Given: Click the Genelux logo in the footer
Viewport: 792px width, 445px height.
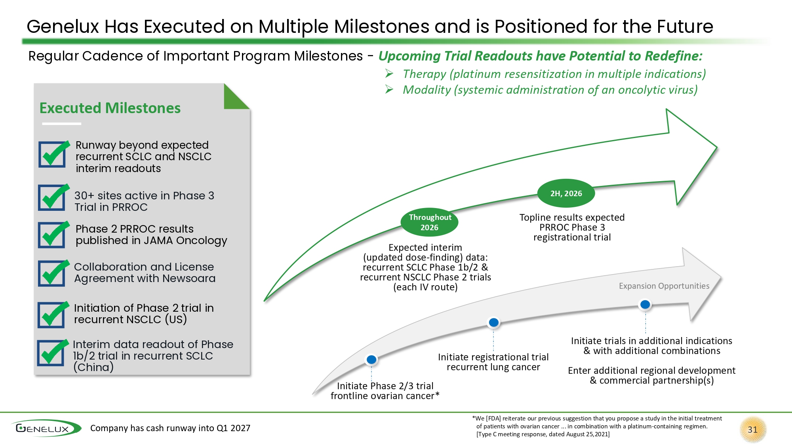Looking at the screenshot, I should [x=46, y=428].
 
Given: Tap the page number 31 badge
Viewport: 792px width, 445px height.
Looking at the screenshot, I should [x=753, y=430].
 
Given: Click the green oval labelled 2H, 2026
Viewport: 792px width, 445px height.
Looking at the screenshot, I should [x=566, y=193].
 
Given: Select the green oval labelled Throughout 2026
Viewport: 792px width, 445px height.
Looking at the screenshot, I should [x=430, y=222].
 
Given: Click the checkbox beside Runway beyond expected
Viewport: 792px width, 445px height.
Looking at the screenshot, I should [x=52, y=154].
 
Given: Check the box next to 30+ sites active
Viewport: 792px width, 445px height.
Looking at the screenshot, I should [x=52, y=198].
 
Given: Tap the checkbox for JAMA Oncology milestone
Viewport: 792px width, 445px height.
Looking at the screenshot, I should [x=52, y=235].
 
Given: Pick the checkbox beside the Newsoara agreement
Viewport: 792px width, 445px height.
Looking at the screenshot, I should [x=52, y=273].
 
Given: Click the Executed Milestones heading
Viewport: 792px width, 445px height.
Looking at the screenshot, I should [x=110, y=108].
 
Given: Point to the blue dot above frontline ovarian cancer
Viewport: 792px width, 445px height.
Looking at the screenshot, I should [x=371, y=360].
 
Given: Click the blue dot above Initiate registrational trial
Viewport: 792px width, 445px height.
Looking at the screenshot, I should [x=494, y=322].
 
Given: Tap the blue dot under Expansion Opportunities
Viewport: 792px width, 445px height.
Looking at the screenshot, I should [x=645, y=304].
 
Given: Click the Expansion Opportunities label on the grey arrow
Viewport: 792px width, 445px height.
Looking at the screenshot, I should [x=664, y=286].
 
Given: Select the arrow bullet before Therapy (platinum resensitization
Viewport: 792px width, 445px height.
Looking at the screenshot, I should [x=389, y=74].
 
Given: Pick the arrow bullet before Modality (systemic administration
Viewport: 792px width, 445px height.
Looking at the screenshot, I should [x=389, y=90].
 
